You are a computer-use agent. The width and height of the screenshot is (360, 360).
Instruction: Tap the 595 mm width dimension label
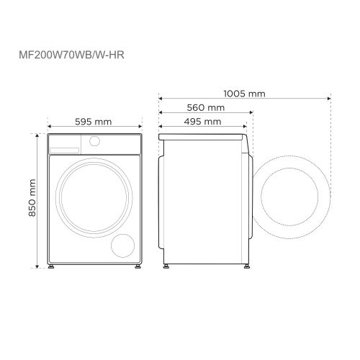(93, 122)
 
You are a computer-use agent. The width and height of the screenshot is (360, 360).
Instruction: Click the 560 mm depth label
(205, 107)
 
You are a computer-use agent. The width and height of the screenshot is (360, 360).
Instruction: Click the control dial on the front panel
(94, 143)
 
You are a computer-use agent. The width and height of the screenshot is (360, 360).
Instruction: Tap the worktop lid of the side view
(202, 135)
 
